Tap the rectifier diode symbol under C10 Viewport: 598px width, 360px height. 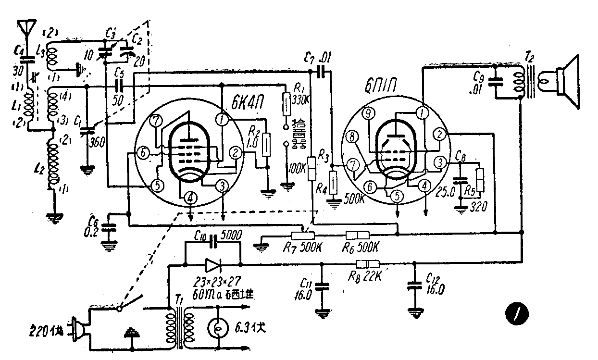tap(212, 265)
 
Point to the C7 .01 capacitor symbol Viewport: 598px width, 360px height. tap(323, 72)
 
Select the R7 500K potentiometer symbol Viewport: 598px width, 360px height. tap(302, 235)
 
